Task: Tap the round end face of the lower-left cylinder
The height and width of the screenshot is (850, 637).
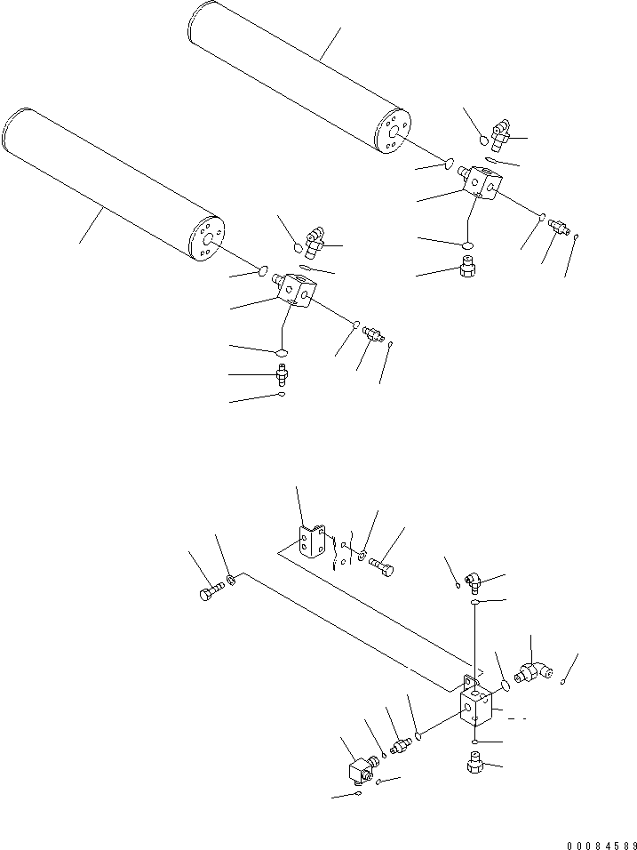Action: coord(206,239)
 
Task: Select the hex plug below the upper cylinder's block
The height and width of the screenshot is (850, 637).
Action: coord(468,263)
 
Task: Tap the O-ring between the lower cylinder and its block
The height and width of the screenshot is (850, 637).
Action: coord(263,270)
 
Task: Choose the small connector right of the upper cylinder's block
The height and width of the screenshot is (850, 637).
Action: coord(557,226)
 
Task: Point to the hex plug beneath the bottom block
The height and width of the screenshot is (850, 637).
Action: coord(474,763)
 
